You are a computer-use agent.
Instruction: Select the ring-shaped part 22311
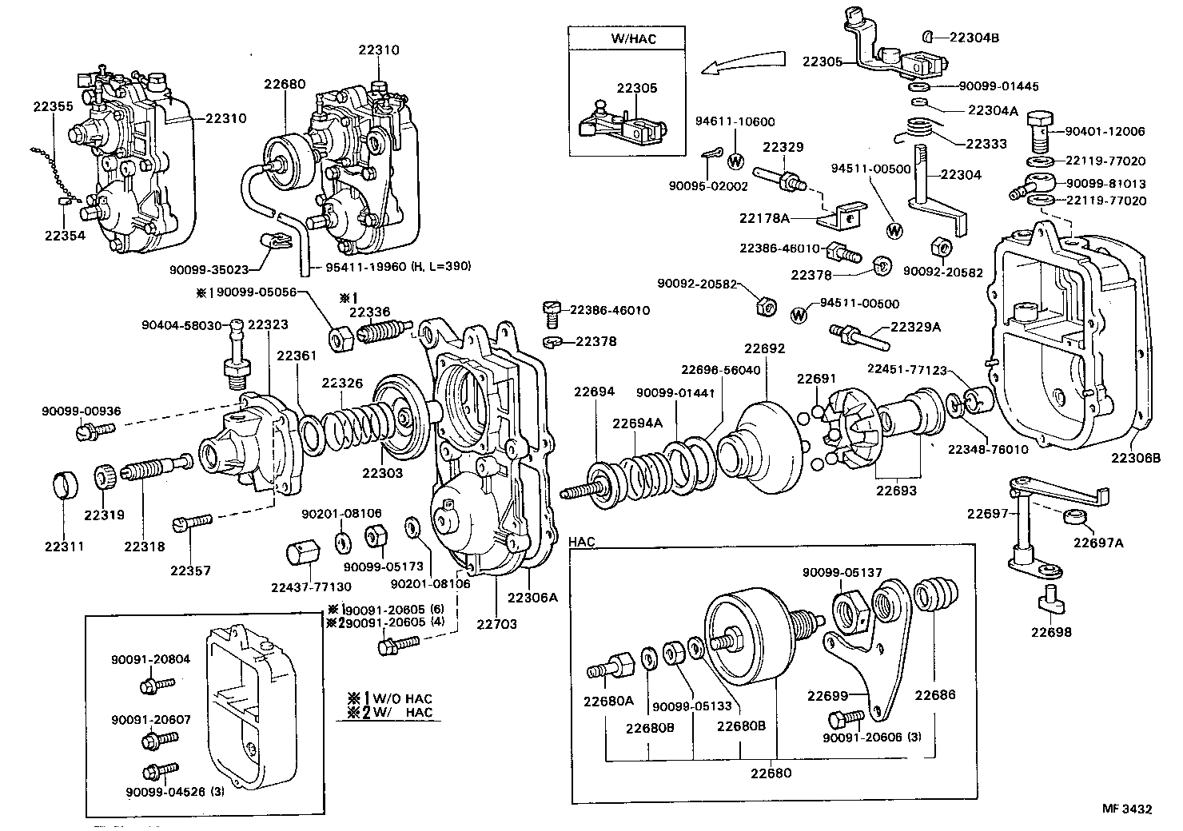(x=64, y=486)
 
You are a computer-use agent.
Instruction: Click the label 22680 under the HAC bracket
(x=771, y=773)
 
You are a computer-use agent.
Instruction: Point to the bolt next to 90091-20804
(x=154, y=685)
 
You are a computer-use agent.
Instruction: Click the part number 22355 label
(x=53, y=105)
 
